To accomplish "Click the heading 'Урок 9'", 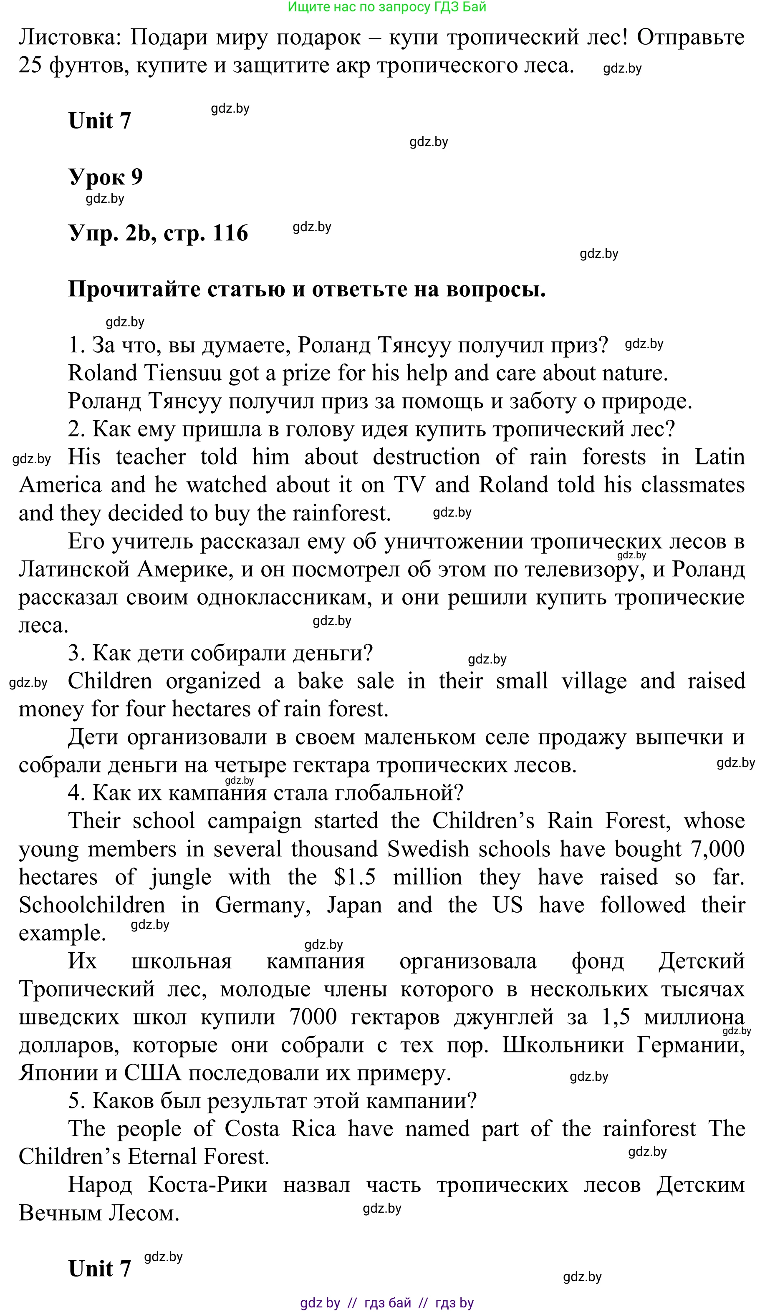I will (x=105, y=177).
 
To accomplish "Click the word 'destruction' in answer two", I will (x=426, y=457).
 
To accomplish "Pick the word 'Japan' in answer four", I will (x=354, y=905).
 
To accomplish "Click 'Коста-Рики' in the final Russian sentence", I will (x=207, y=1185).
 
